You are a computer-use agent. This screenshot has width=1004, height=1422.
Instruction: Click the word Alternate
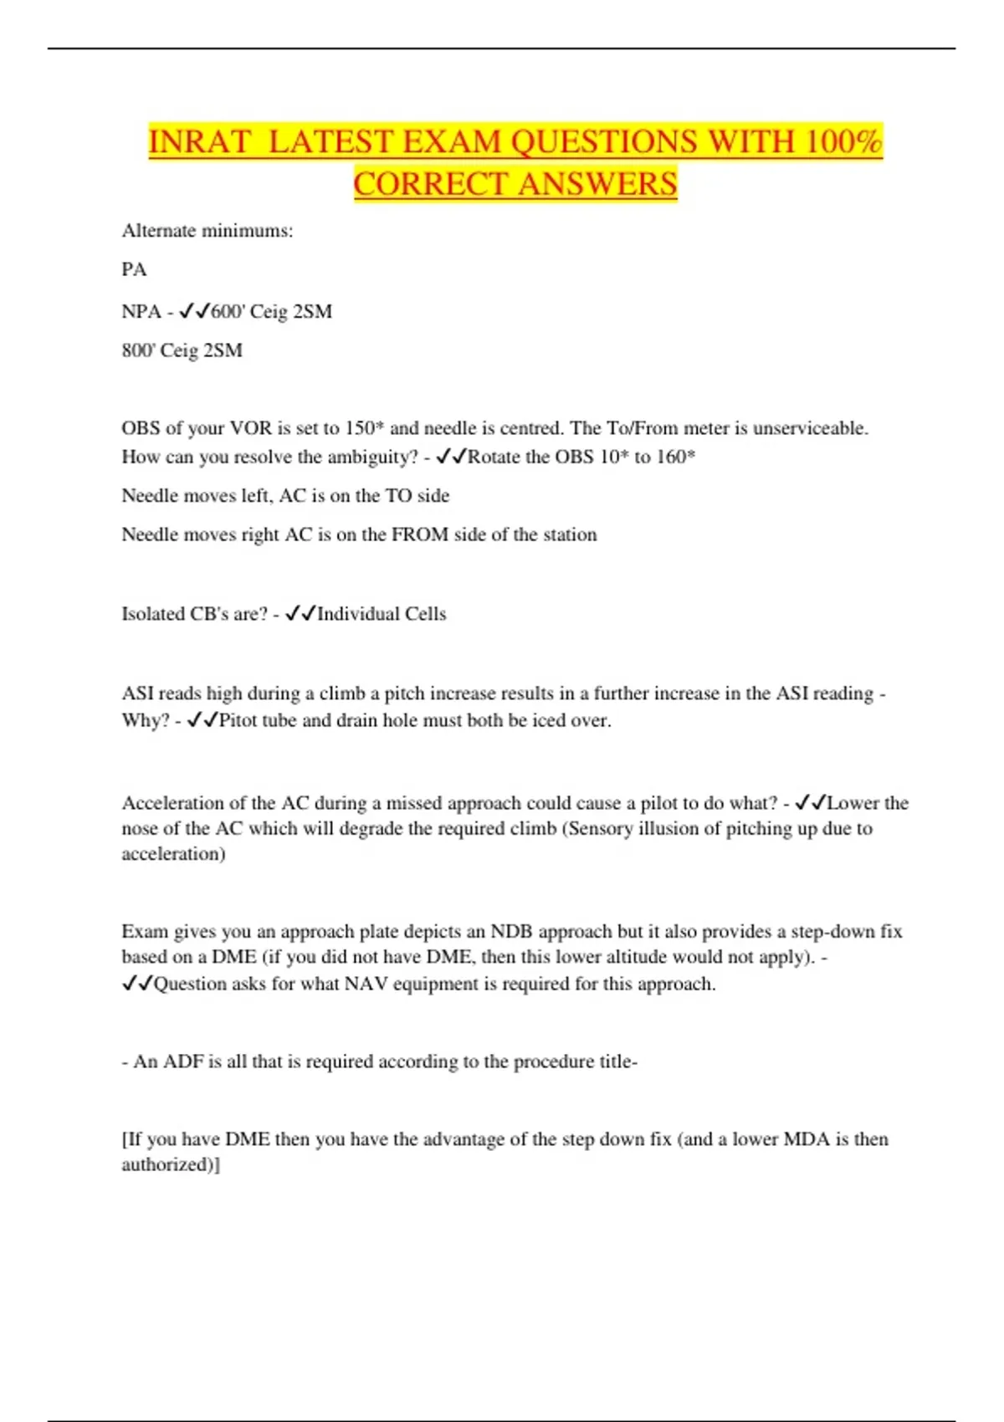point(158,231)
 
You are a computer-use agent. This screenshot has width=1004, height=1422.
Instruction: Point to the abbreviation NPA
point(141,312)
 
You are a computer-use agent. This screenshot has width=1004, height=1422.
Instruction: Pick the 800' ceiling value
point(137,350)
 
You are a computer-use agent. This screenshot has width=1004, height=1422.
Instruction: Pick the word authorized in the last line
point(167,1164)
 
